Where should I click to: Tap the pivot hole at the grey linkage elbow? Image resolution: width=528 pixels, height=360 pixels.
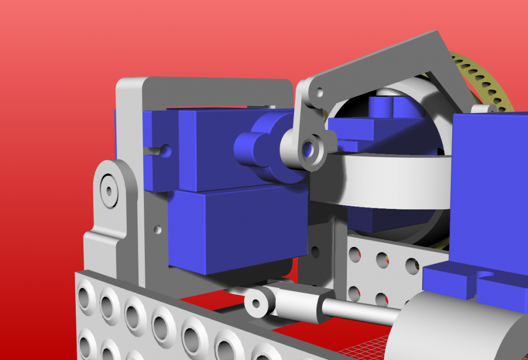(x=319, y=93)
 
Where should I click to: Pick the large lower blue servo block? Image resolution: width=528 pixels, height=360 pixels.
(x=237, y=227)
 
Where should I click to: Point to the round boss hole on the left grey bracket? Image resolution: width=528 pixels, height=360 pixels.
(x=109, y=188)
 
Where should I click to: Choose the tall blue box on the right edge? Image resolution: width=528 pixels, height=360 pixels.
(x=490, y=186)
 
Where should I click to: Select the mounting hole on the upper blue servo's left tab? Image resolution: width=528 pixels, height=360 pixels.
(x=166, y=150)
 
